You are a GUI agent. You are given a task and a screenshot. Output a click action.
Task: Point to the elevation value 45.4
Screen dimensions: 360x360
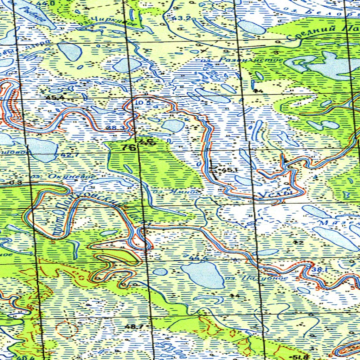57,97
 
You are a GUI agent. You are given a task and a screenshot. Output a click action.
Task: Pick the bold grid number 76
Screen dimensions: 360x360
129,148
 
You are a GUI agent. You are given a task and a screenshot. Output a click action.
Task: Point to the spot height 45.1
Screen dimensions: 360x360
230,170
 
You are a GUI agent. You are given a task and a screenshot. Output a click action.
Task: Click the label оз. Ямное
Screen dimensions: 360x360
178,192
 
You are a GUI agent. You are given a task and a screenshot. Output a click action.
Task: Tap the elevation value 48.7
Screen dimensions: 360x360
134,327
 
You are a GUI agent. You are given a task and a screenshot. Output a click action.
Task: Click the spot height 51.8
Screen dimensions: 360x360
300,357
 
